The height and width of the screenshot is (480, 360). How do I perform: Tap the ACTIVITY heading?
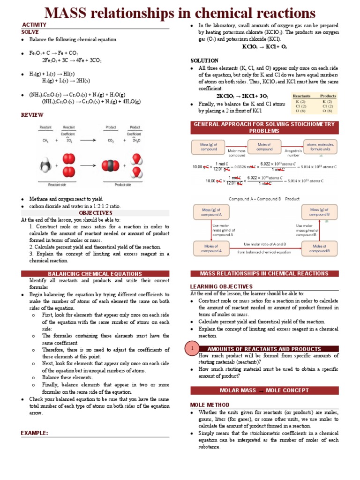34,24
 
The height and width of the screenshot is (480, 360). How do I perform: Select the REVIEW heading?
32,115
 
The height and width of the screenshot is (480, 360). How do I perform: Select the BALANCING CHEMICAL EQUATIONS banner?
95,274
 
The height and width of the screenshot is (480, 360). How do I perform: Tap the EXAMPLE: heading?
34,433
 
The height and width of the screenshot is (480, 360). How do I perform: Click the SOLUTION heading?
204,60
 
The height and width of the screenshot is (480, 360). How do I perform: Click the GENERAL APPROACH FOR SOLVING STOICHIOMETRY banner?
264,127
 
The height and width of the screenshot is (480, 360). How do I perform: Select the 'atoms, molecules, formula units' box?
320,147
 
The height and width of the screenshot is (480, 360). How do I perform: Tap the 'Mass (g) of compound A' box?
210,211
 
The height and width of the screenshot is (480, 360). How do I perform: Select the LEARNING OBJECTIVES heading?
221,286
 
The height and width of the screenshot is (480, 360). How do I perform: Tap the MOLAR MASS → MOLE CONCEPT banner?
264,390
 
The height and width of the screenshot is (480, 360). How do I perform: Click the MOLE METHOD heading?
210,405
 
